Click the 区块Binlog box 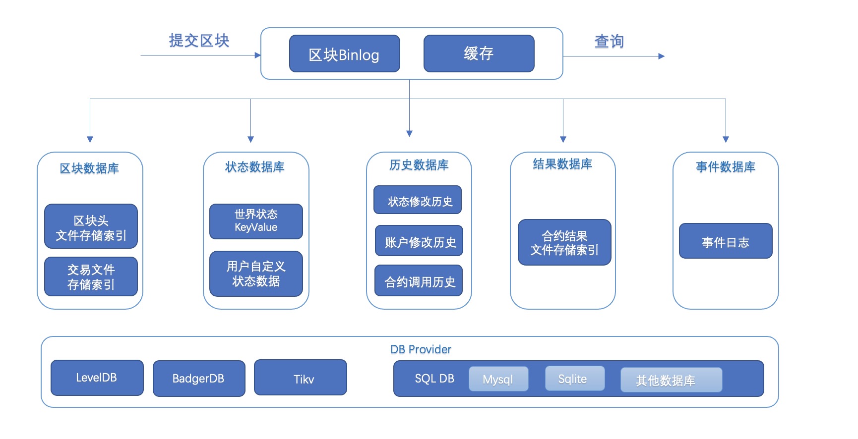[344, 54]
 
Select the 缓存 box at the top [479, 54]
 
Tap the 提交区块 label [199, 41]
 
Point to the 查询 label [609, 41]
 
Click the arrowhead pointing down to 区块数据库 [90, 139]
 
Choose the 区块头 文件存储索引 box [91, 226]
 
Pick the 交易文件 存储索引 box [91, 276]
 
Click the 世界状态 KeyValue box [256, 221]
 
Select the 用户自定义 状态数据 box [256, 274]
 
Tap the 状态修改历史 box [418, 200]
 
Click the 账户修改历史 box [419, 241]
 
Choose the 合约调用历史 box [419, 281]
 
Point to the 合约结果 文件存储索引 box [564, 242]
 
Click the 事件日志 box [726, 241]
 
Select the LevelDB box [97, 378]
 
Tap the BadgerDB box [199, 379]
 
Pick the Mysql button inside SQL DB [498, 380]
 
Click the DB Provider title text [421, 349]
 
